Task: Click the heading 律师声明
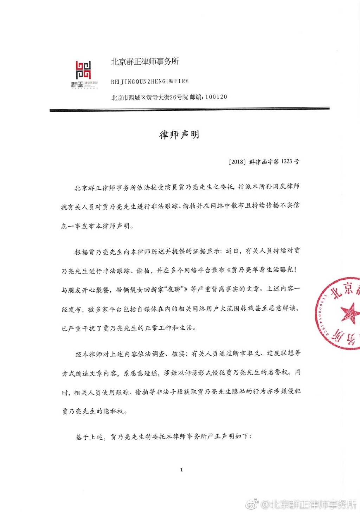click(x=179, y=135)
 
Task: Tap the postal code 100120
click(x=216, y=97)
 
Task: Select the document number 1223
click(x=287, y=161)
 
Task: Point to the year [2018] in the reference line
click(x=237, y=162)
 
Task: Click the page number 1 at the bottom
click(x=181, y=470)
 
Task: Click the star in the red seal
click(x=350, y=312)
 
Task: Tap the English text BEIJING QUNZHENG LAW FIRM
click(x=150, y=82)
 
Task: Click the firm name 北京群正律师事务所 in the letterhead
click(x=145, y=62)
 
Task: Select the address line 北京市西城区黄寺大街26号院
click(x=150, y=97)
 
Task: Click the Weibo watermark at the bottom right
click(x=302, y=505)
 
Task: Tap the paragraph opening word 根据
click(x=81, y=252)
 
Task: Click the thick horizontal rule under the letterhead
click(x=189, y=110)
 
